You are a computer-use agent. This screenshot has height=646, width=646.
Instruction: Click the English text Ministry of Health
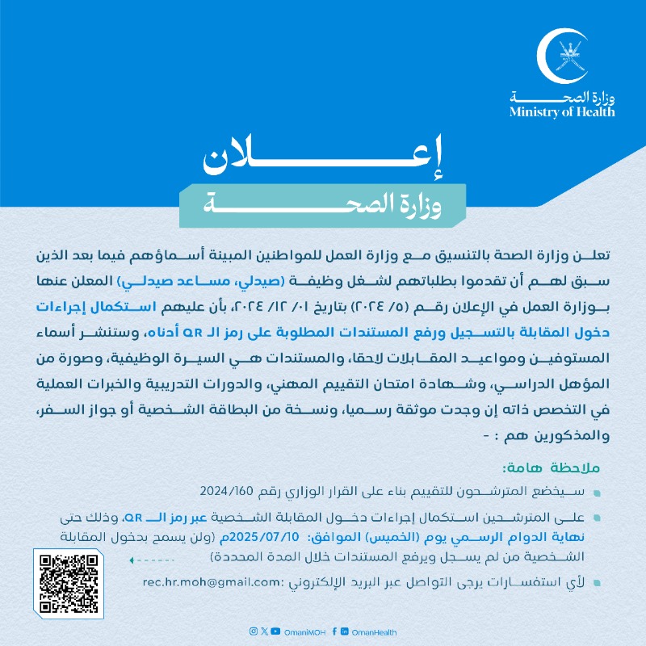[562, 112]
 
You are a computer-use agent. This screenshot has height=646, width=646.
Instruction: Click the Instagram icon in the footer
[254, 631]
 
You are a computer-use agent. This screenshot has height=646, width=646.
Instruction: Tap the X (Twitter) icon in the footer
[265, 631]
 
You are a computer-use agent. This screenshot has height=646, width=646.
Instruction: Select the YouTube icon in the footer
[276, 631]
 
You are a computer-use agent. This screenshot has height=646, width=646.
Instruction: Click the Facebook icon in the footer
[333, 631]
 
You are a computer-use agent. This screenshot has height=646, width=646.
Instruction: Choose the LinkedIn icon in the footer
[345, 631]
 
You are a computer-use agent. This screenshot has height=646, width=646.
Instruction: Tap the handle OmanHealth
[372, 631]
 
